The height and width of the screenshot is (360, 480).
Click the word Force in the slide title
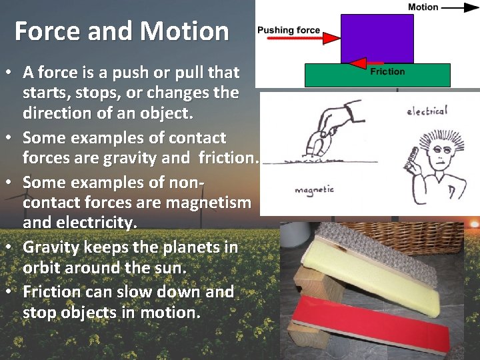pos(44,31)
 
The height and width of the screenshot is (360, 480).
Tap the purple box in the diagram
pos(377,39)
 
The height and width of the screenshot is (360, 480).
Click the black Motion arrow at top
pos(459,8)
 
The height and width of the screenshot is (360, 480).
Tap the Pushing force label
pos(289,30)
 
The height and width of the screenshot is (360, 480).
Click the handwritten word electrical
pos(427,110)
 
